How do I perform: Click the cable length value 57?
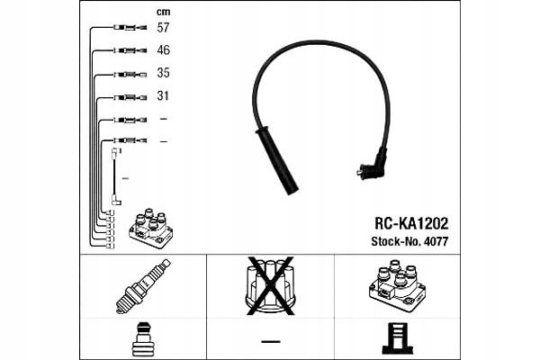(x=164, y=29)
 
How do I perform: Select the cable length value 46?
(x=164, y=51)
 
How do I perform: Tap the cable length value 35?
(x=164, y=74)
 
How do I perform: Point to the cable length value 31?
(x=164, y=96)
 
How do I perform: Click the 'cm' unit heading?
(x=163, y=11)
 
